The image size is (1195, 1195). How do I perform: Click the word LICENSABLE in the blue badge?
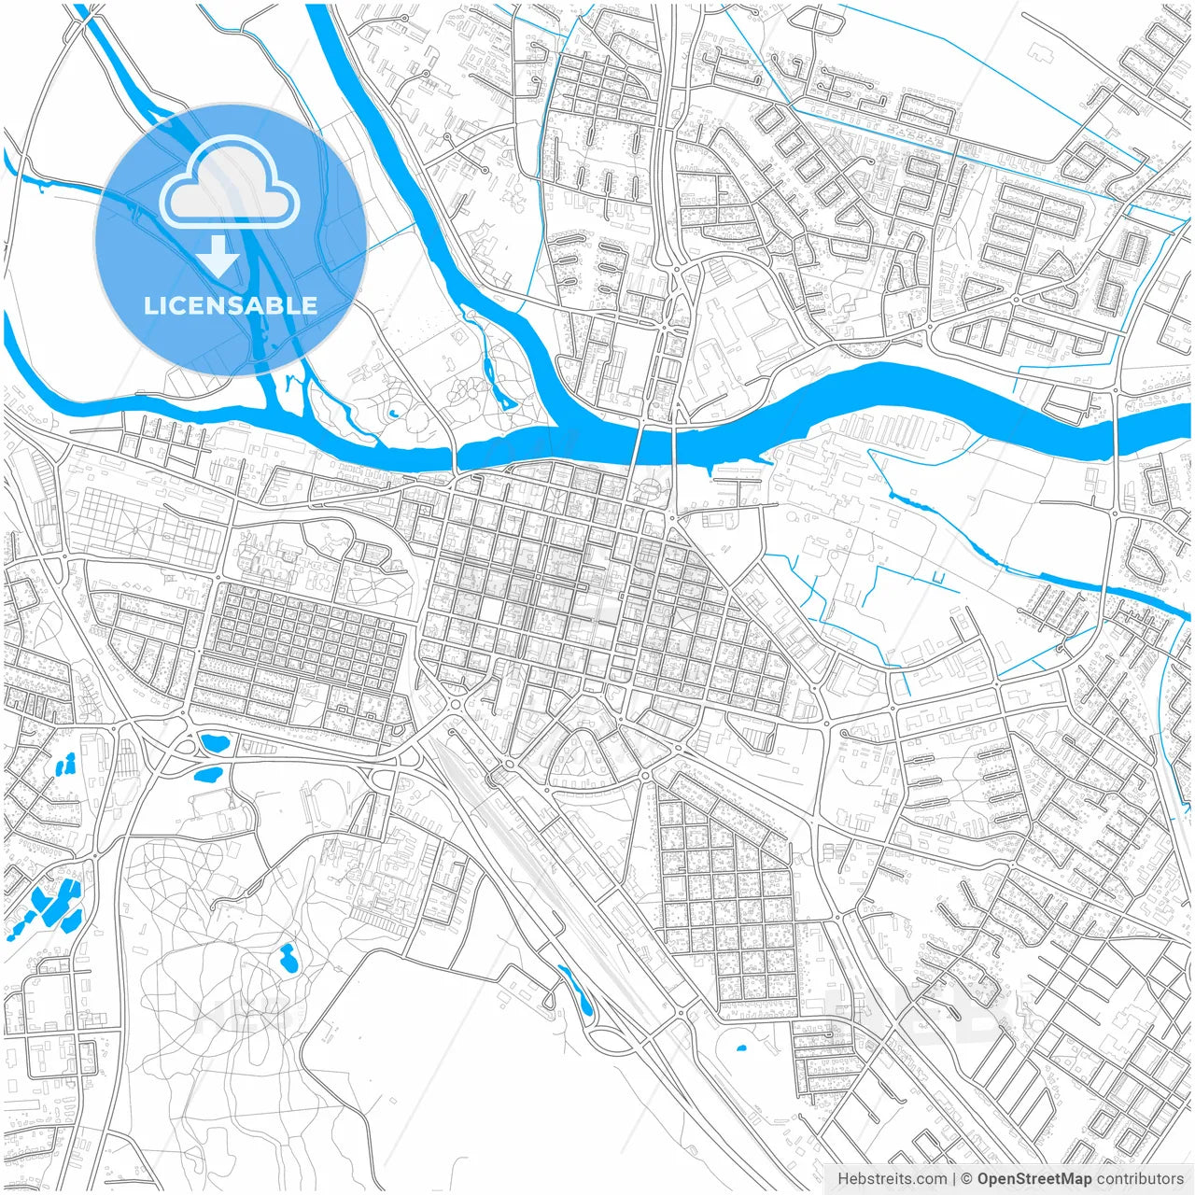pyautogui.click(x=230, y=305)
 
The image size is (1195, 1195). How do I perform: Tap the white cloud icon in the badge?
pyautogui.click(x=230, y=184)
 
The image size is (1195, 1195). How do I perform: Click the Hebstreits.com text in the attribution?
pyautogui.click(x=892, y=1179)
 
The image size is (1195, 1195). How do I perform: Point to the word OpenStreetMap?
pyautogui.click(x=1033, y=1179)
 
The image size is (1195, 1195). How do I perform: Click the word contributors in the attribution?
pyautogui.click(x=1140, y=1179)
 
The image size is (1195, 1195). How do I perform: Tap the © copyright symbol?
pyautogui.click(x=967, y=1179)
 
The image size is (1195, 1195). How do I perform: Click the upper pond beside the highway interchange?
pyautogui.click(x=215, y=744)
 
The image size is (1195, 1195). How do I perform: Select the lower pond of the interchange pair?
pyautogui.click(x=207, y=773)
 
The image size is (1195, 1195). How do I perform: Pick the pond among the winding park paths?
pyautogui.click(x=288, y=957)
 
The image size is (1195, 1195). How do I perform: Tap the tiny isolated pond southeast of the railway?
pyautogui.click(x=741, y=1047)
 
